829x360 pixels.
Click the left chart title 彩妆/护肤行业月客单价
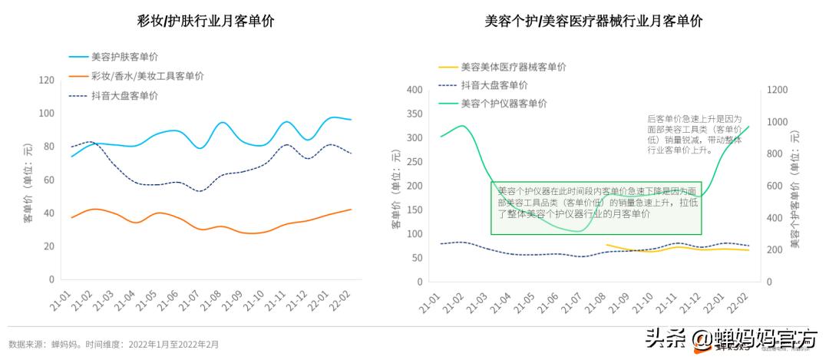point(206,21)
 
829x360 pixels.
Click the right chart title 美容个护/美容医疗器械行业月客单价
point(593,21)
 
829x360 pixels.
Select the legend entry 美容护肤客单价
point(124,56)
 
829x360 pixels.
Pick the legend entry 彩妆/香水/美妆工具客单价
point(147,76)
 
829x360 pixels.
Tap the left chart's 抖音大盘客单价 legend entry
point(124,96)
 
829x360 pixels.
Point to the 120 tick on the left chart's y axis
point(46,81)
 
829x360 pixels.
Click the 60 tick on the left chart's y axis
point(48,180)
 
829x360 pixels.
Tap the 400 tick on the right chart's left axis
point(414,90)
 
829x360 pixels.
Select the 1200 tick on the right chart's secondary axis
point(778,90)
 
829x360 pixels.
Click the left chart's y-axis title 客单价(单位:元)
point(28,183)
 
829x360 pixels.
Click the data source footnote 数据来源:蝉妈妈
point(114,345)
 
